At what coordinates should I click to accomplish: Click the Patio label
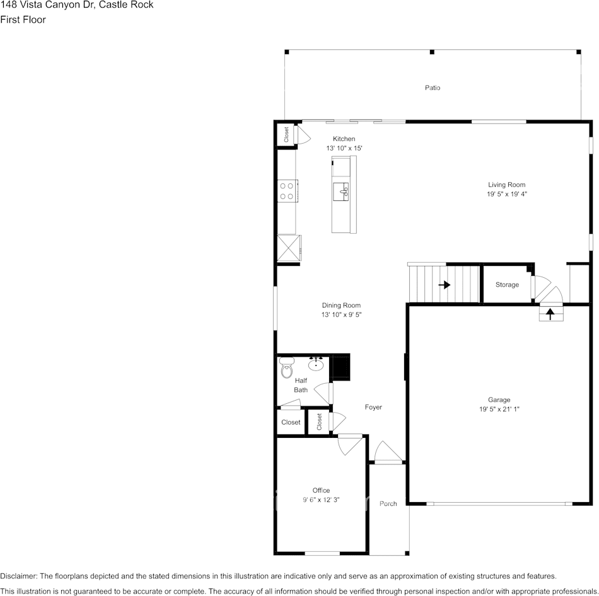[432, 88]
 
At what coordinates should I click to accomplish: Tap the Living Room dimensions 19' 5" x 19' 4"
[506, 195]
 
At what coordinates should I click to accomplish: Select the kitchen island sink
[344, 191]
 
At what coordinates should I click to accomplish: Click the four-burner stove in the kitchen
[288, 191]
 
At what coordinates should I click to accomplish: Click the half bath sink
[317, 364]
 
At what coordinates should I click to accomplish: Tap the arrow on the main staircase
[445, 285]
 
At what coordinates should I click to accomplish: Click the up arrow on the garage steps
[550, 311]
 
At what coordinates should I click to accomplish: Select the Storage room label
[507, 285]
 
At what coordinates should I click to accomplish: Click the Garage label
[499, 399]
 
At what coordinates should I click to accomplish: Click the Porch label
[388, 503]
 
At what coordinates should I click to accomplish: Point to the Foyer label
[373, 408]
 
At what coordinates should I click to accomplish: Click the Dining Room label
[341, 306]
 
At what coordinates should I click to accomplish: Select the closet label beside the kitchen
[286, 134]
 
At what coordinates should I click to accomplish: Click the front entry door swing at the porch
[388, 452]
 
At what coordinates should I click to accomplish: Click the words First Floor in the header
[23, 20]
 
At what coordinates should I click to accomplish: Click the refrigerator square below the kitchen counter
[288, 247]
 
